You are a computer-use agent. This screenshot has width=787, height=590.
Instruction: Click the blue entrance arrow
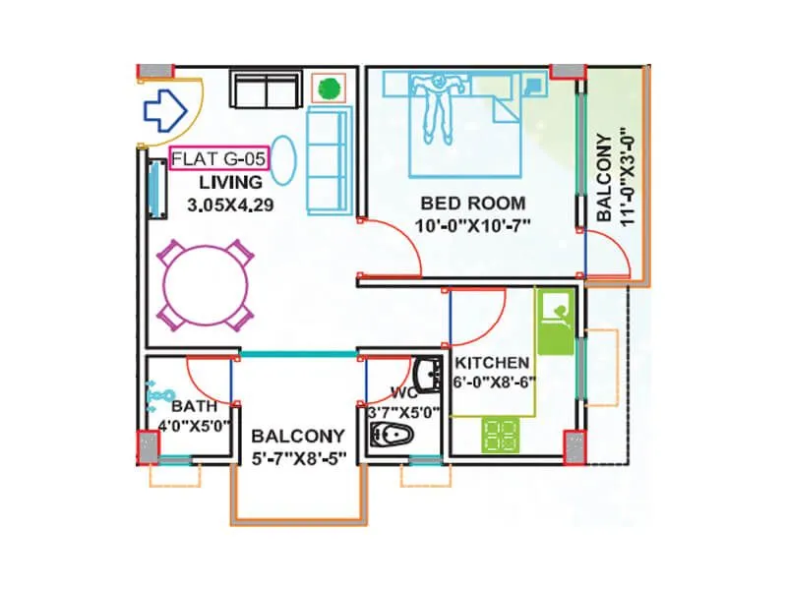(x=164, y=110)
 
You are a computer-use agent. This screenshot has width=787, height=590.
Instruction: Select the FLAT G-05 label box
(x=218, y=158)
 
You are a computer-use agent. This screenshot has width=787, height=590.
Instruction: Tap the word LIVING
(x=230, y=182)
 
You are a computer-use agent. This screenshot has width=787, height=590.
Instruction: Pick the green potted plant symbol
(x=329, y=88)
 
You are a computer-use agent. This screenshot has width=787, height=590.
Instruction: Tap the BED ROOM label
(x=473, y=204)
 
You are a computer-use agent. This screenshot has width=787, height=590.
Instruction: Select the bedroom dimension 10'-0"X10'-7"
(x=474, y=225)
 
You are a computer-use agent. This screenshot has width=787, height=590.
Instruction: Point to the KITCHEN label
(x=492, y=363)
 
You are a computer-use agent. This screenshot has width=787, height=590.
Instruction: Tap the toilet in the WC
(x=397, y=435)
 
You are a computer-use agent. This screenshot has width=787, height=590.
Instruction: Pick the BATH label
(x=188, y=406)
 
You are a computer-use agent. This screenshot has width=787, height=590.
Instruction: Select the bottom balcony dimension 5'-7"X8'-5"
(x=297, y=458)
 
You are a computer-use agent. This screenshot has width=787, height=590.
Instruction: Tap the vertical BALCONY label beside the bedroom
(x=603, y=175)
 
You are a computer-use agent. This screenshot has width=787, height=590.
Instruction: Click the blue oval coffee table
(x=282, y=158)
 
